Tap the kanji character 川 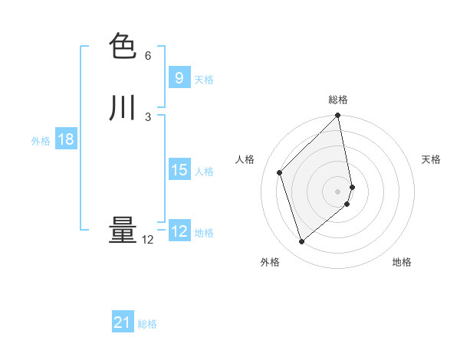click(x=123, y=108)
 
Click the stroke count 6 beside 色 click(x=148, y=56)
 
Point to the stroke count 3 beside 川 click(x=148, y=116)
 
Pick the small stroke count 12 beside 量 click(x=147, y=240)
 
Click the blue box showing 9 click(x=179, y=78)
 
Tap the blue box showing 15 click(x=179, y=170)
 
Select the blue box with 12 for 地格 click(x=179, y=231)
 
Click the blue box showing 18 click(x=65, y=139)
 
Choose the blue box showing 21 click(x=123, y=323)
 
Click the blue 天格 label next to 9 click(x=204, y=80)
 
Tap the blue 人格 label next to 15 click(x=204, y=172)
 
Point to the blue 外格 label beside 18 click(x=41, y=141)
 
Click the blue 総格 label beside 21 click(x=147, y=325)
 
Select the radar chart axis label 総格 click(x=338, y=100)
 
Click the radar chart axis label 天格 click(x=431, y=159)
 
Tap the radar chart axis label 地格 click(x=402, y=262)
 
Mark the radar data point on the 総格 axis click(x=338, y=116)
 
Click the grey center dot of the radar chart click(x=338, y=191)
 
